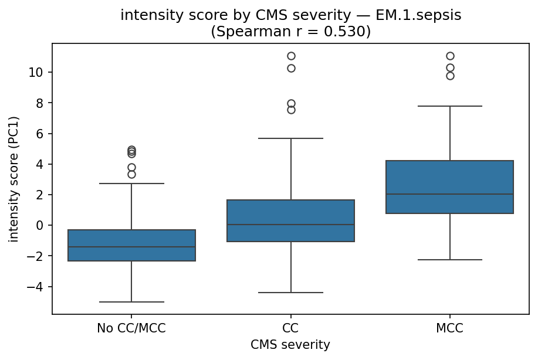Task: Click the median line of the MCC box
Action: [450, 194]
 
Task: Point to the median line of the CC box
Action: [290, 225]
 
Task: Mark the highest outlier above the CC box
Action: [291, 56]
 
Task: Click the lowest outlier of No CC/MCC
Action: [131, 174]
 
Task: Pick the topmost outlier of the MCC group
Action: [450, 56]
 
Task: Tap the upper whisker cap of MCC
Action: [450, 106]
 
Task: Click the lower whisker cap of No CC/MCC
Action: [131, 302]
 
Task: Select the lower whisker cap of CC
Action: [290, 293]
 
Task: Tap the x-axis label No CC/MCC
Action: [131, 328]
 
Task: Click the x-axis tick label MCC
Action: [450, 328]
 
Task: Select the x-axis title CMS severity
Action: [290, 345]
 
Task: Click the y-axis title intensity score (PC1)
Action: [13, 179]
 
